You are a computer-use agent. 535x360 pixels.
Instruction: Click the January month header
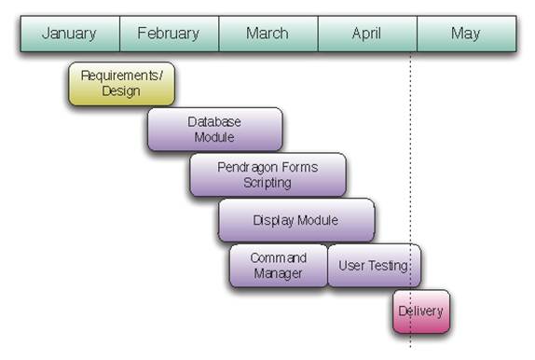click(x=70, y=34)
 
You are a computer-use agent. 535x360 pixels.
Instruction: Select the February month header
click(x=170, y=34)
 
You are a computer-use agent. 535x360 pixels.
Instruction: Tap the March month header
click(x=268, y=34)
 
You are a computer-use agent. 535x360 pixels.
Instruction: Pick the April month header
click(x=367, y=34)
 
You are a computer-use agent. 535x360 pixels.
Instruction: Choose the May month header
click(x=466, y=34)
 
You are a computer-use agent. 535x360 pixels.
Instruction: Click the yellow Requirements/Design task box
click(x=121, y=84)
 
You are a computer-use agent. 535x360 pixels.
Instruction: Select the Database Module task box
click(x=215, y=129)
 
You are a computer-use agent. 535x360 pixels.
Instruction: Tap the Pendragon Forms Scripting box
click(x=267, y=174)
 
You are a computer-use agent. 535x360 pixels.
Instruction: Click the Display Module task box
click(x=296, y=220)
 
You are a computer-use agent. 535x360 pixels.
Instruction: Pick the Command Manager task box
click(x=279, y=266)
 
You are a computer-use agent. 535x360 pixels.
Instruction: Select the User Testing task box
click(x=375, y=266)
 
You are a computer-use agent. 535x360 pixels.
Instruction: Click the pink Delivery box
click(x=421, y=312)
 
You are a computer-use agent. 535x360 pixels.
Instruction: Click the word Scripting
click(x=267, y=183)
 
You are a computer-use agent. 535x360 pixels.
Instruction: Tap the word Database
click(x=214, y=122)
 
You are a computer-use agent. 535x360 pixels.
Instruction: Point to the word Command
click(x=279, y=257)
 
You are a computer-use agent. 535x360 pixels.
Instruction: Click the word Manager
click(x=278, y=273)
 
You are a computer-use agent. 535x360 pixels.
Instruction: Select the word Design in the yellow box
click(x=121, y=91)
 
